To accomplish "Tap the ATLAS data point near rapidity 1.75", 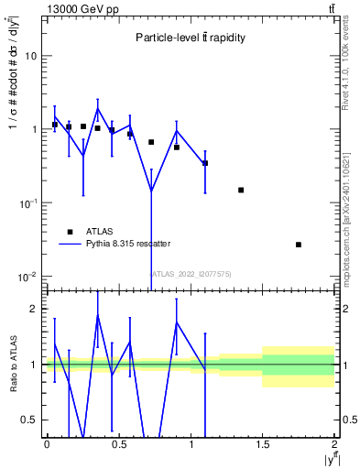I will (x=299, y=245).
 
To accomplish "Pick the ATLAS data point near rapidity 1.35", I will (x=241, y=190).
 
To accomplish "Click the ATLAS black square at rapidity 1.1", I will (x=205, y=163).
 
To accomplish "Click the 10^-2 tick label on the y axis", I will (x=29, y=277).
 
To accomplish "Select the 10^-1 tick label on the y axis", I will (x=29, y=203).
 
